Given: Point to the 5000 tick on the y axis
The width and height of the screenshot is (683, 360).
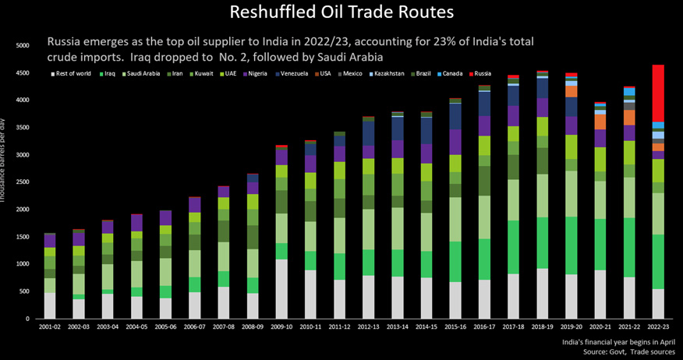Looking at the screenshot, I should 22,46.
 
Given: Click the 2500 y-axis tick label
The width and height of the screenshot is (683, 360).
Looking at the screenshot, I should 22,182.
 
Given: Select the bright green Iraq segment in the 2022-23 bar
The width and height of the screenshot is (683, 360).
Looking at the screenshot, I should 659,261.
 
